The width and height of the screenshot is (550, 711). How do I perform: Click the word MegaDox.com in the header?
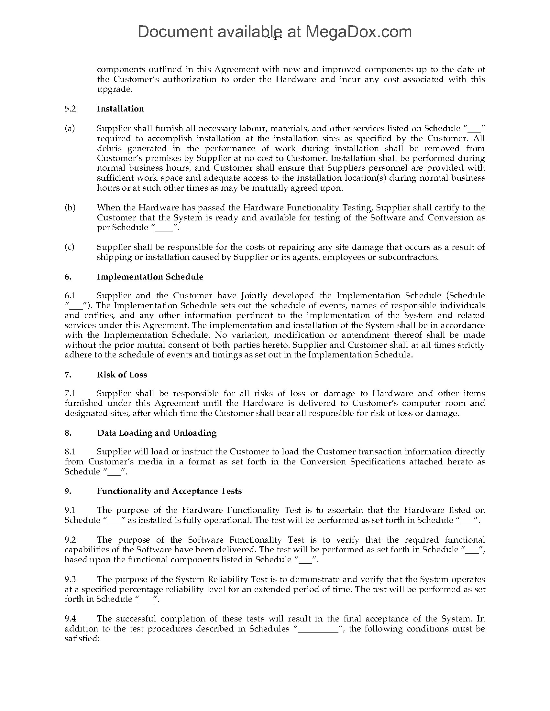tap(358, 32)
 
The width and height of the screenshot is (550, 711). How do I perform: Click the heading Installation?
tap(120, 109)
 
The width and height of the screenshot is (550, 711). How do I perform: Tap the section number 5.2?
tap(70, 109)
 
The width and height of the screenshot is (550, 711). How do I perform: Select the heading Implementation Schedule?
tap(150, 277)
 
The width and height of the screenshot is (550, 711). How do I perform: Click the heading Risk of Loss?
tap(122, 375)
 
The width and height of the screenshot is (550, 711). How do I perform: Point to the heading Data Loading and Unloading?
tap(157, 433)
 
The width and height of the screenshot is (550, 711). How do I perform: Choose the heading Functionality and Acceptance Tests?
tap(170, 491)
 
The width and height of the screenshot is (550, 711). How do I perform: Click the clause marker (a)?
tap(70, 129)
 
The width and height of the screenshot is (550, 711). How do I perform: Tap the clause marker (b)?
tap(70, 207)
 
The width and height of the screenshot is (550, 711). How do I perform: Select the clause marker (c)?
tap(70, 247)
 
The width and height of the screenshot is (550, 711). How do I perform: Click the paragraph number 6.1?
tap(70, 296)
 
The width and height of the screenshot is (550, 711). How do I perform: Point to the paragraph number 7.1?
tap(70, 393)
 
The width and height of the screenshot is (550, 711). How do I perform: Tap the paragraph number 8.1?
tap(70, 451)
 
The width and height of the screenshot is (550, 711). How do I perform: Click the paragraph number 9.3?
tap(70, 579)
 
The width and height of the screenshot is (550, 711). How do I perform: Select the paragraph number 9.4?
tap(70, 619)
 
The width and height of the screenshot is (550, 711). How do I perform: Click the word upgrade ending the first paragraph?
tap(114, 90)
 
